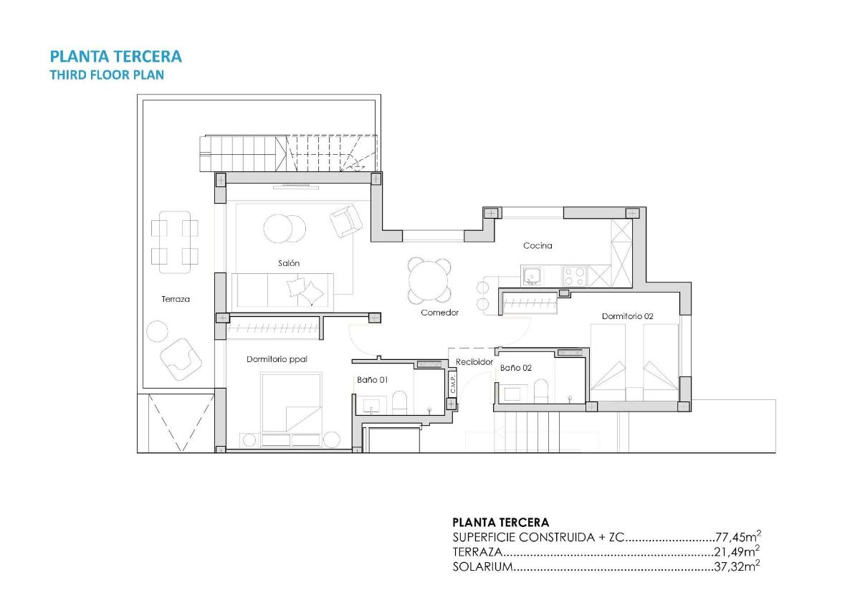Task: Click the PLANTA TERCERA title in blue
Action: [x=115, y=56]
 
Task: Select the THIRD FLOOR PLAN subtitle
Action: [x=107, y=75]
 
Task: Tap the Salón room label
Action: [x=289, y=263]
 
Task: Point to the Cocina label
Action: [x=537, y=246]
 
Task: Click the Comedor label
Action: [x=439, y=313]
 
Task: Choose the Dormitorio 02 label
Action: [x=627, y=315]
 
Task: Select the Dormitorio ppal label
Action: [x=277, y=359]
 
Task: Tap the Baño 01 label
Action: [x=372, y=380]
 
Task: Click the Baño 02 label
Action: [x=515, y=367]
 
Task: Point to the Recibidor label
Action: [x=474, y=362]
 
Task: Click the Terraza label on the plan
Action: [x=176, y=299]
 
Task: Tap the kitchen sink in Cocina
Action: [x=531, y=275]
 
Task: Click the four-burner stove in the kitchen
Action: [x=574, y=275]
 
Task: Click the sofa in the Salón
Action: [x=282, y=290]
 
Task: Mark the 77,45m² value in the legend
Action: [x=737, y=537]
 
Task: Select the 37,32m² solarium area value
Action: [x=737, y=566]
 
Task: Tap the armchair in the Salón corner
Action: [x=345, y=221]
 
